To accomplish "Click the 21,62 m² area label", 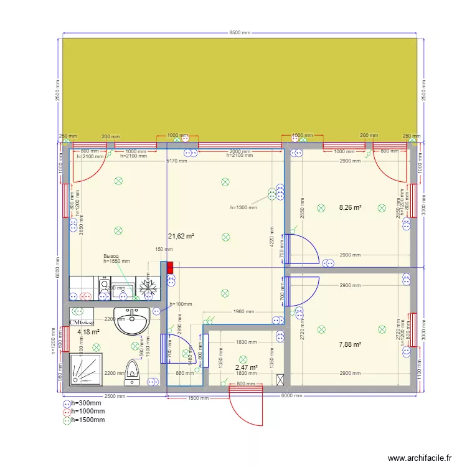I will (182, 236).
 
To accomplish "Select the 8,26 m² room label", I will (350, 208).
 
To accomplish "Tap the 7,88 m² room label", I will (350, 344).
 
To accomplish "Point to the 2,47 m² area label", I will (247, 368).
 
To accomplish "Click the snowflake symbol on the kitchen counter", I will (148, 287).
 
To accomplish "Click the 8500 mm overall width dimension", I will (240, 33).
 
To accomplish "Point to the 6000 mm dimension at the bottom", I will (291, 396).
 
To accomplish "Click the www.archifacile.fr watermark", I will (419, 458).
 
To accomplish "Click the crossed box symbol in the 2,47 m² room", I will (280, 379).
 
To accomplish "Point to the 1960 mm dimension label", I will (244, 312).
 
